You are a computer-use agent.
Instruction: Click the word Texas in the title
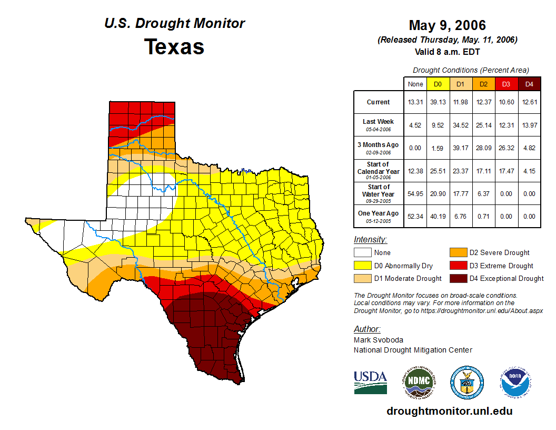pyautogui.click(x=174, y=46)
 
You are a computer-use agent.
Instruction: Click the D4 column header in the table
pyautogui.click(x=530, y=84)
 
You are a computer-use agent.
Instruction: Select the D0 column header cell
pyautogui.click(x=438, y=84)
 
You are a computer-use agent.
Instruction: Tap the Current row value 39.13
pyautogui.click(x=438, y=102)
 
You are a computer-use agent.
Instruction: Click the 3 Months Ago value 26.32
pyautogui.click(x=507, y=148)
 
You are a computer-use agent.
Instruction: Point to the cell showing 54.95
pyautogui.click(x=415, y=194)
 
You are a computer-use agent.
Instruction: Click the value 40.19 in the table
pyautogui.click(x=438, y=216)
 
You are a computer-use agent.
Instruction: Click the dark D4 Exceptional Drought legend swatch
pyautogui.click(x=458, y=278)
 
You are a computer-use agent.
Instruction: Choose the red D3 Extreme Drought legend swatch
pyautogui.click(x=458, y=266)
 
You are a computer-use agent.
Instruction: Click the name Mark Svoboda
pyautogui.click(x=374, y=340)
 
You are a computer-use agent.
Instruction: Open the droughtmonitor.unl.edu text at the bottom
pyautogui.click(x=449, y=411)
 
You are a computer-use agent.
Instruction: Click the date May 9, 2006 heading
pyautogui.click(x=447, y=25)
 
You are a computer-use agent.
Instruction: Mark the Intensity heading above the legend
pyautogui.click(x=370, y=239)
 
